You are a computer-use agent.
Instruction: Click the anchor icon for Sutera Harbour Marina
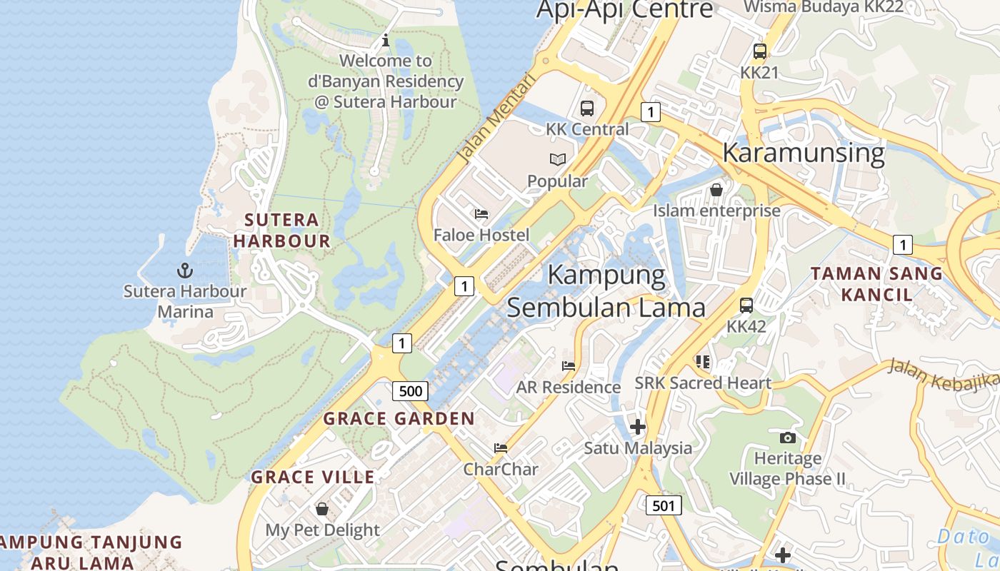(x=185, y=271)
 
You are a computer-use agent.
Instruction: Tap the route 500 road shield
(x=410, y=391)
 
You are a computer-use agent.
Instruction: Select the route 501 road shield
(x=664, y=506)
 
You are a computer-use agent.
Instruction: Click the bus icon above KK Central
(x=587, y=108)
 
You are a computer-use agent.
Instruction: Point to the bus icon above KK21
(x=759, y=51)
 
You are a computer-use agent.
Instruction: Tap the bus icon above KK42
(x=746, y=305)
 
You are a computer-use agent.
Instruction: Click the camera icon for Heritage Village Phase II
(x=788, y=438)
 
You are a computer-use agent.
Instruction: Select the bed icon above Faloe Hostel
(x=481, y=214)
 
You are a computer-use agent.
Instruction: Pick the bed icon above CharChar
(x=501, y=448)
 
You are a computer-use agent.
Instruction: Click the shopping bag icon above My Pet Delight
(x=322, y=509)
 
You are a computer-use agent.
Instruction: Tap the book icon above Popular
(x=557, y=160)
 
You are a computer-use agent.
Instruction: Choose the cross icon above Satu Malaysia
(x=637, y=427)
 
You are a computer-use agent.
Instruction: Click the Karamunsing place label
(x=804, y=153)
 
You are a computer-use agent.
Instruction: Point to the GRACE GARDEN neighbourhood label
(x=399, y=419)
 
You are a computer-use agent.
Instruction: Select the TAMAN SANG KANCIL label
(x=876, y=283)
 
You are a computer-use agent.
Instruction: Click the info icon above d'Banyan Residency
(x=386, y=40)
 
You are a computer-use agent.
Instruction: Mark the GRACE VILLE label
(x=313, y=477)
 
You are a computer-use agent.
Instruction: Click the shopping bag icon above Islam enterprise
(x=716, y=190)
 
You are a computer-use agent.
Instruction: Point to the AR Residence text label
(x=569, y=388)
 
